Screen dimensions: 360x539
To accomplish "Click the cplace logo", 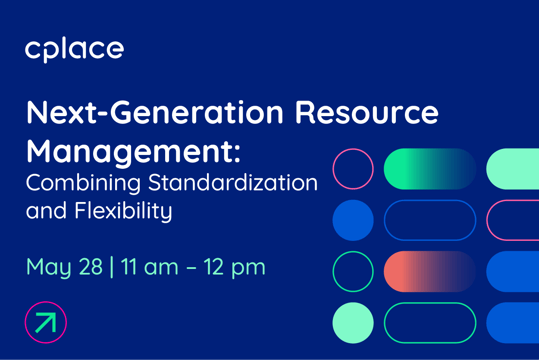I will click(75, 49).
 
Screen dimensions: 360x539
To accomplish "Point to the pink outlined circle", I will click(352, 169).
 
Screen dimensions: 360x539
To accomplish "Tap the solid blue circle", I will click(352, 220).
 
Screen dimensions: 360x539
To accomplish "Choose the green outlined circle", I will click(352, 271).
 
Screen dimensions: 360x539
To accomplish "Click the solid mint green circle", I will click(352, 322).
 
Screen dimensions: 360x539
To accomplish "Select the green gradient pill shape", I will click(430, 169).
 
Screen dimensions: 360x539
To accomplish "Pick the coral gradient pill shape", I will click(430, 271).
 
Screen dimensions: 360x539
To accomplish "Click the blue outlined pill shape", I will click(430, 220).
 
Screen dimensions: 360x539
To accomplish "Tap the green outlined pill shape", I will click(430, 322).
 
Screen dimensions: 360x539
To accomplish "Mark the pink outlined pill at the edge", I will click(514, 220).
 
